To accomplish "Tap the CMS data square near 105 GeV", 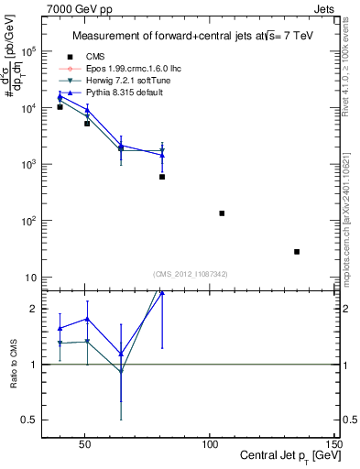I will click(222, 213).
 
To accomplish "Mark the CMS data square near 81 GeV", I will click(162, 177).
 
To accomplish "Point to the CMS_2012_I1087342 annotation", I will click(191, 274).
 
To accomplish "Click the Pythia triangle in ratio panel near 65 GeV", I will click(121, 354).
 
